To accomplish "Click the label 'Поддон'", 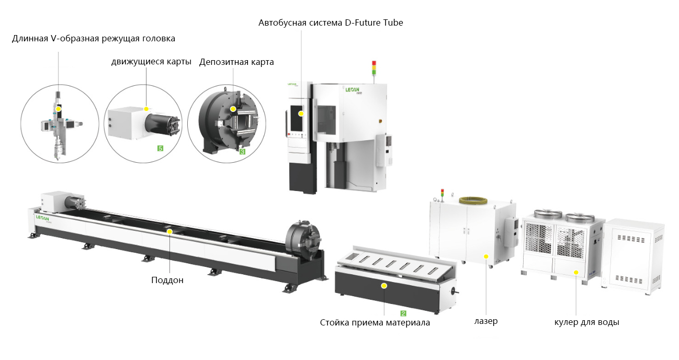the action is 167,280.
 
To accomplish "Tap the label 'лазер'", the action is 486,321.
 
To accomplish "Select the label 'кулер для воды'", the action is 586,322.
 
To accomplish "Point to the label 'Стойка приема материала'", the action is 375,322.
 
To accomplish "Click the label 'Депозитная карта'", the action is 236,62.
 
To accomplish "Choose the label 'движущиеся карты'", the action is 151,62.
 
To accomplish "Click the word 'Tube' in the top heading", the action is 393,22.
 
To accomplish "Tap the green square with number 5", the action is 161,148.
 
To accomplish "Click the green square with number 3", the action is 242,152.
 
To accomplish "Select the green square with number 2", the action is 403,313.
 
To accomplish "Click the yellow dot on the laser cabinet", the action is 486,256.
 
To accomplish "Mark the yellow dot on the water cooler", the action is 576,272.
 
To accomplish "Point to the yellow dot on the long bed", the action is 169,232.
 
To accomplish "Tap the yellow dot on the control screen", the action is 301,114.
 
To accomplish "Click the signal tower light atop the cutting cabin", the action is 374,68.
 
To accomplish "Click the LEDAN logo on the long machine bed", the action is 42,218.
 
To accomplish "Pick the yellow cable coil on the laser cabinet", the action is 473,200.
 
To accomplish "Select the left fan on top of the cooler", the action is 548,213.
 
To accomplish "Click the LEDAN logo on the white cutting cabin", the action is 353,90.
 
